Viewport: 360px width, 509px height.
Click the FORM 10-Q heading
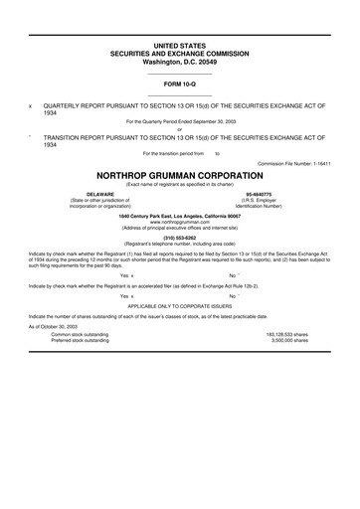coord(179,85)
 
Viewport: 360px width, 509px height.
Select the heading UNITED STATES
coord(179,47)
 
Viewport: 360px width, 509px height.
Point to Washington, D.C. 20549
coord(179,61)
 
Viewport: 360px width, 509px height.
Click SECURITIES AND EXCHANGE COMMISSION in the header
coord(179,54)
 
